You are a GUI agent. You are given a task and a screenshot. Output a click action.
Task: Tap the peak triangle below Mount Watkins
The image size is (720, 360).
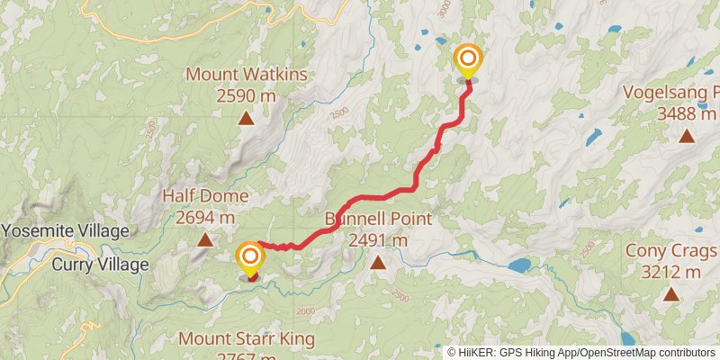coord(246,118)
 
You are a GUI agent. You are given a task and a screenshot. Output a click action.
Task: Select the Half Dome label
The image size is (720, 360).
coord(205,196)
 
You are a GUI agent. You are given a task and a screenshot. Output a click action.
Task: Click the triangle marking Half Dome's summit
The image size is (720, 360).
coord(205,239)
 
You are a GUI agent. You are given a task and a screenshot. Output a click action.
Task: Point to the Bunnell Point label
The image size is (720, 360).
coord(378,219)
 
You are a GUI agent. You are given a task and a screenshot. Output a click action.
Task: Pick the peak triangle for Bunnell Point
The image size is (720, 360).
coord(378,263)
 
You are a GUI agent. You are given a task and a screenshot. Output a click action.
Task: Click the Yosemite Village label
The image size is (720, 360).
coord(65,231)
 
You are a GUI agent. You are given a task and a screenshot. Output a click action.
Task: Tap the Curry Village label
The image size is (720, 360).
coord(99,265)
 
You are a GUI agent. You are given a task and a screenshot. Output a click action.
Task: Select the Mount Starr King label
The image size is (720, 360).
coord(247,339)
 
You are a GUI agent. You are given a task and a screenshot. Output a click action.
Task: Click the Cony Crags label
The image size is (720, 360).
coord(670,251)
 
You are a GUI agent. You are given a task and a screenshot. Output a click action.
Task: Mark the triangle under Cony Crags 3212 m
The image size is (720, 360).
coord(670,294)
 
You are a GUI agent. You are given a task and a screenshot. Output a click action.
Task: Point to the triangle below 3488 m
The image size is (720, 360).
coord(687,136)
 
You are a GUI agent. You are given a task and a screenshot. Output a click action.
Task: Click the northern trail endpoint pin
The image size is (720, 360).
coord(467,60)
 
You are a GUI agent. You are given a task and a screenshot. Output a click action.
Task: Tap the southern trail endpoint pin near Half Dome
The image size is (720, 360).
coord(250,260)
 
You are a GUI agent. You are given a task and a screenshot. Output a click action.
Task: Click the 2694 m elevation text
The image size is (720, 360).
coord(205,217)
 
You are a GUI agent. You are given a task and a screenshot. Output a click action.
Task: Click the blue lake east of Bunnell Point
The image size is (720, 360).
coord(518,265)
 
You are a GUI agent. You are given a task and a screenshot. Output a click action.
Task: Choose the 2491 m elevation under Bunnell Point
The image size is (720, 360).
coord(378,240)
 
